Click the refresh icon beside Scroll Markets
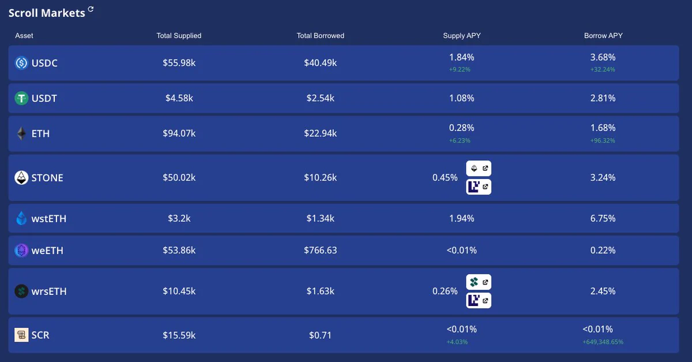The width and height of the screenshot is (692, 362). tap(91, 9)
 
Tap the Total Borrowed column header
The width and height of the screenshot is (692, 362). tap(321, 36)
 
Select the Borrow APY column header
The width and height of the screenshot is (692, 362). tap(603, 36)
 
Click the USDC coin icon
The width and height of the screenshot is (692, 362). tap(21, 63)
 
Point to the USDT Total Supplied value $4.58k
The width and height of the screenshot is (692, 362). tap(179, 98)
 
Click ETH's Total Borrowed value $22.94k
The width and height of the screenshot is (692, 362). tap(321, 133)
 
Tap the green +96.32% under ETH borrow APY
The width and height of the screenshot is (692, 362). tap(603, 140)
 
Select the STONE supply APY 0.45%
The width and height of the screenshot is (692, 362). tap(445, 178)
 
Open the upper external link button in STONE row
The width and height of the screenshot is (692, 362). tap(479, 169)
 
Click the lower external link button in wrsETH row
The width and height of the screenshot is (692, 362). tap(479, 300)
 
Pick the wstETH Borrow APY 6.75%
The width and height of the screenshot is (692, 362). tap(603, 218)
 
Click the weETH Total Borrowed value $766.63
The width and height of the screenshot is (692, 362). tap(321, 251)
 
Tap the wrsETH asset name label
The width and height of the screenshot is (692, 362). tap(49, 292)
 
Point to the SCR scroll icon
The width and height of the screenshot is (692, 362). tap(21, 335)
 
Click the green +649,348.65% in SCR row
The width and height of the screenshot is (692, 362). tap(603, 342)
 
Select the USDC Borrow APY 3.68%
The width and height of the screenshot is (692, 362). tap(603, 57)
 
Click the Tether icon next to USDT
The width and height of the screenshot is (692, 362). tap(21, 98)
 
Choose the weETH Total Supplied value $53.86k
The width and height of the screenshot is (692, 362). tap(179, 251)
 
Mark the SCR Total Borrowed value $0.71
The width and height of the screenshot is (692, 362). tap(321, 335)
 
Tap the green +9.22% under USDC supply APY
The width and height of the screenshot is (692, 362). tap(460, 69)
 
